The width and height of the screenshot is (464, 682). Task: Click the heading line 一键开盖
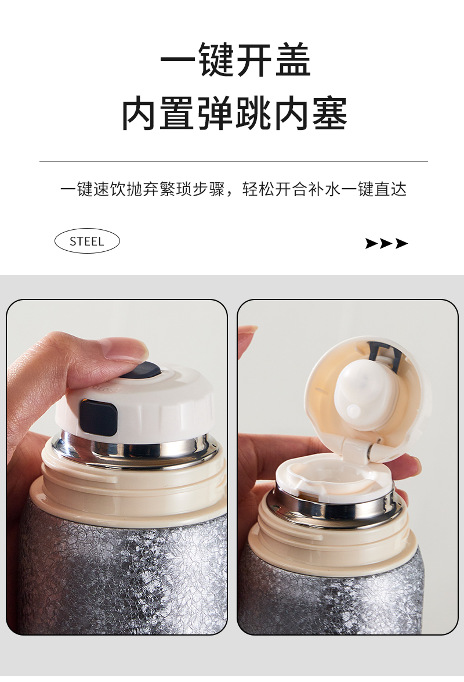point(235,60)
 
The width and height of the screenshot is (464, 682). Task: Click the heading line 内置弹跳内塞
point(234,114)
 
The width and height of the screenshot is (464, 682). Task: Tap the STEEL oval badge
point(87,241)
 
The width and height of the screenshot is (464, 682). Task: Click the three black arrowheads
point(386,244)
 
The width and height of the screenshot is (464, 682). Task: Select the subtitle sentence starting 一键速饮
point(233,190)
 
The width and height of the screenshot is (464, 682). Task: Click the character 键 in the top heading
point(217,60)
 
